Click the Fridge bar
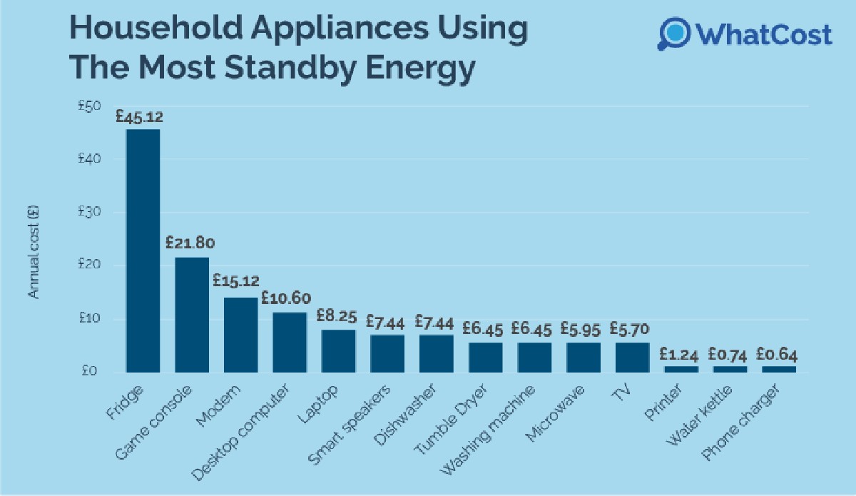(143, 250)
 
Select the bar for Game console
(192, 314)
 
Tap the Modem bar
(240, 334)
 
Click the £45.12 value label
(139, 116)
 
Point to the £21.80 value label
(189, 243)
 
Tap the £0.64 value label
(777, 354)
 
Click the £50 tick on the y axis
(89, 106)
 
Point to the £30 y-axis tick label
(89, 212)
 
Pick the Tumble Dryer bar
(485, 357)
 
